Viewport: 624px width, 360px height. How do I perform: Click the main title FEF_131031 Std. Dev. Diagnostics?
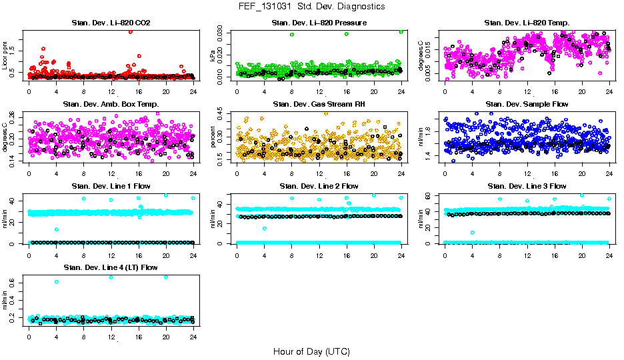click(311, 6)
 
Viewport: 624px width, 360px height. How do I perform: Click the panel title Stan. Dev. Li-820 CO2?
click(111, 23)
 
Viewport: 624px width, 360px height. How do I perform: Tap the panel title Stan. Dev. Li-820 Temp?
click(527, 23)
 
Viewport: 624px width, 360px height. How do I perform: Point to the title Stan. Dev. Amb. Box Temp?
click(111, 104)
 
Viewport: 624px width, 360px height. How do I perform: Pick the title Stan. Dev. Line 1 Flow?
click(111, 186)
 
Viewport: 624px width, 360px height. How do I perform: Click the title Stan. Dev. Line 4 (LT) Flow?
click(111, 267)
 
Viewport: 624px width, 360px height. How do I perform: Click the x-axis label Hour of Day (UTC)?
click(311, 351)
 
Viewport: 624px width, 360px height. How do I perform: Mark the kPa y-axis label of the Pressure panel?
click(213, 56)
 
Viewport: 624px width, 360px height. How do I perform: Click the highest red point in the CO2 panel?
click(130, 31)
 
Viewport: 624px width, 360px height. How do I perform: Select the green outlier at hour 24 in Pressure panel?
click(401, 32)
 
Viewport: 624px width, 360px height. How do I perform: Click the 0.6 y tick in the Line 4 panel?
click(15, 283)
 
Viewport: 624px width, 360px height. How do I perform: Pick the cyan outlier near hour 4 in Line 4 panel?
click(57, 282)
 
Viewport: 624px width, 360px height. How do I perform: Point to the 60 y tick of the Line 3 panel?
click(431, 196)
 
